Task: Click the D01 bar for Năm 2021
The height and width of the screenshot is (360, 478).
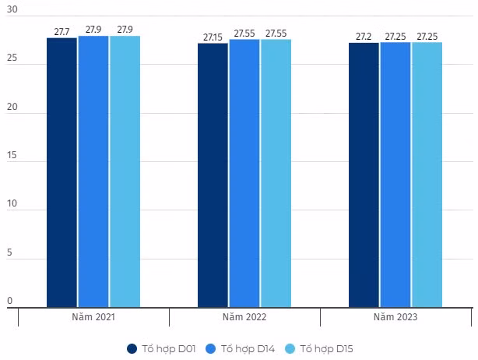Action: tap(62, 172)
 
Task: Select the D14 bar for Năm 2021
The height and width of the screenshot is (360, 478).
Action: tap(93, 171)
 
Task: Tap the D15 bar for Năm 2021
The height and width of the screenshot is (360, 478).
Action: tap(125, 171)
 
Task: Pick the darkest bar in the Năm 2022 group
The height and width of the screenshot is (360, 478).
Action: tap(213, 175)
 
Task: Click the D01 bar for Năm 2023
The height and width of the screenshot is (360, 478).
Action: tap(364, 175)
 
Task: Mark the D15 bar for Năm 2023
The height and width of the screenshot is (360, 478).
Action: tap(427, 175)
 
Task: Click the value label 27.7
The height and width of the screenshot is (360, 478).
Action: tap(62, 32)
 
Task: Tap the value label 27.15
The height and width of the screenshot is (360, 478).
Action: tap(213, 37)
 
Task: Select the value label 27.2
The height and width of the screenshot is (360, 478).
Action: tap(364, 37)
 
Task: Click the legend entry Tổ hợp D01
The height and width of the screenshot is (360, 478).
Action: tap(160, 348)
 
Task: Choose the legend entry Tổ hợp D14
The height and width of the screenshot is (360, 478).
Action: tap(239, 348)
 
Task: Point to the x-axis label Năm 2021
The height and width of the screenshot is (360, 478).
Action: tap(93, 318)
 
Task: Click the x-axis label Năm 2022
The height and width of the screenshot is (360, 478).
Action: tap(244, 318)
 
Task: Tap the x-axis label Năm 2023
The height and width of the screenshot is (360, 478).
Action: tap(395, 318)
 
